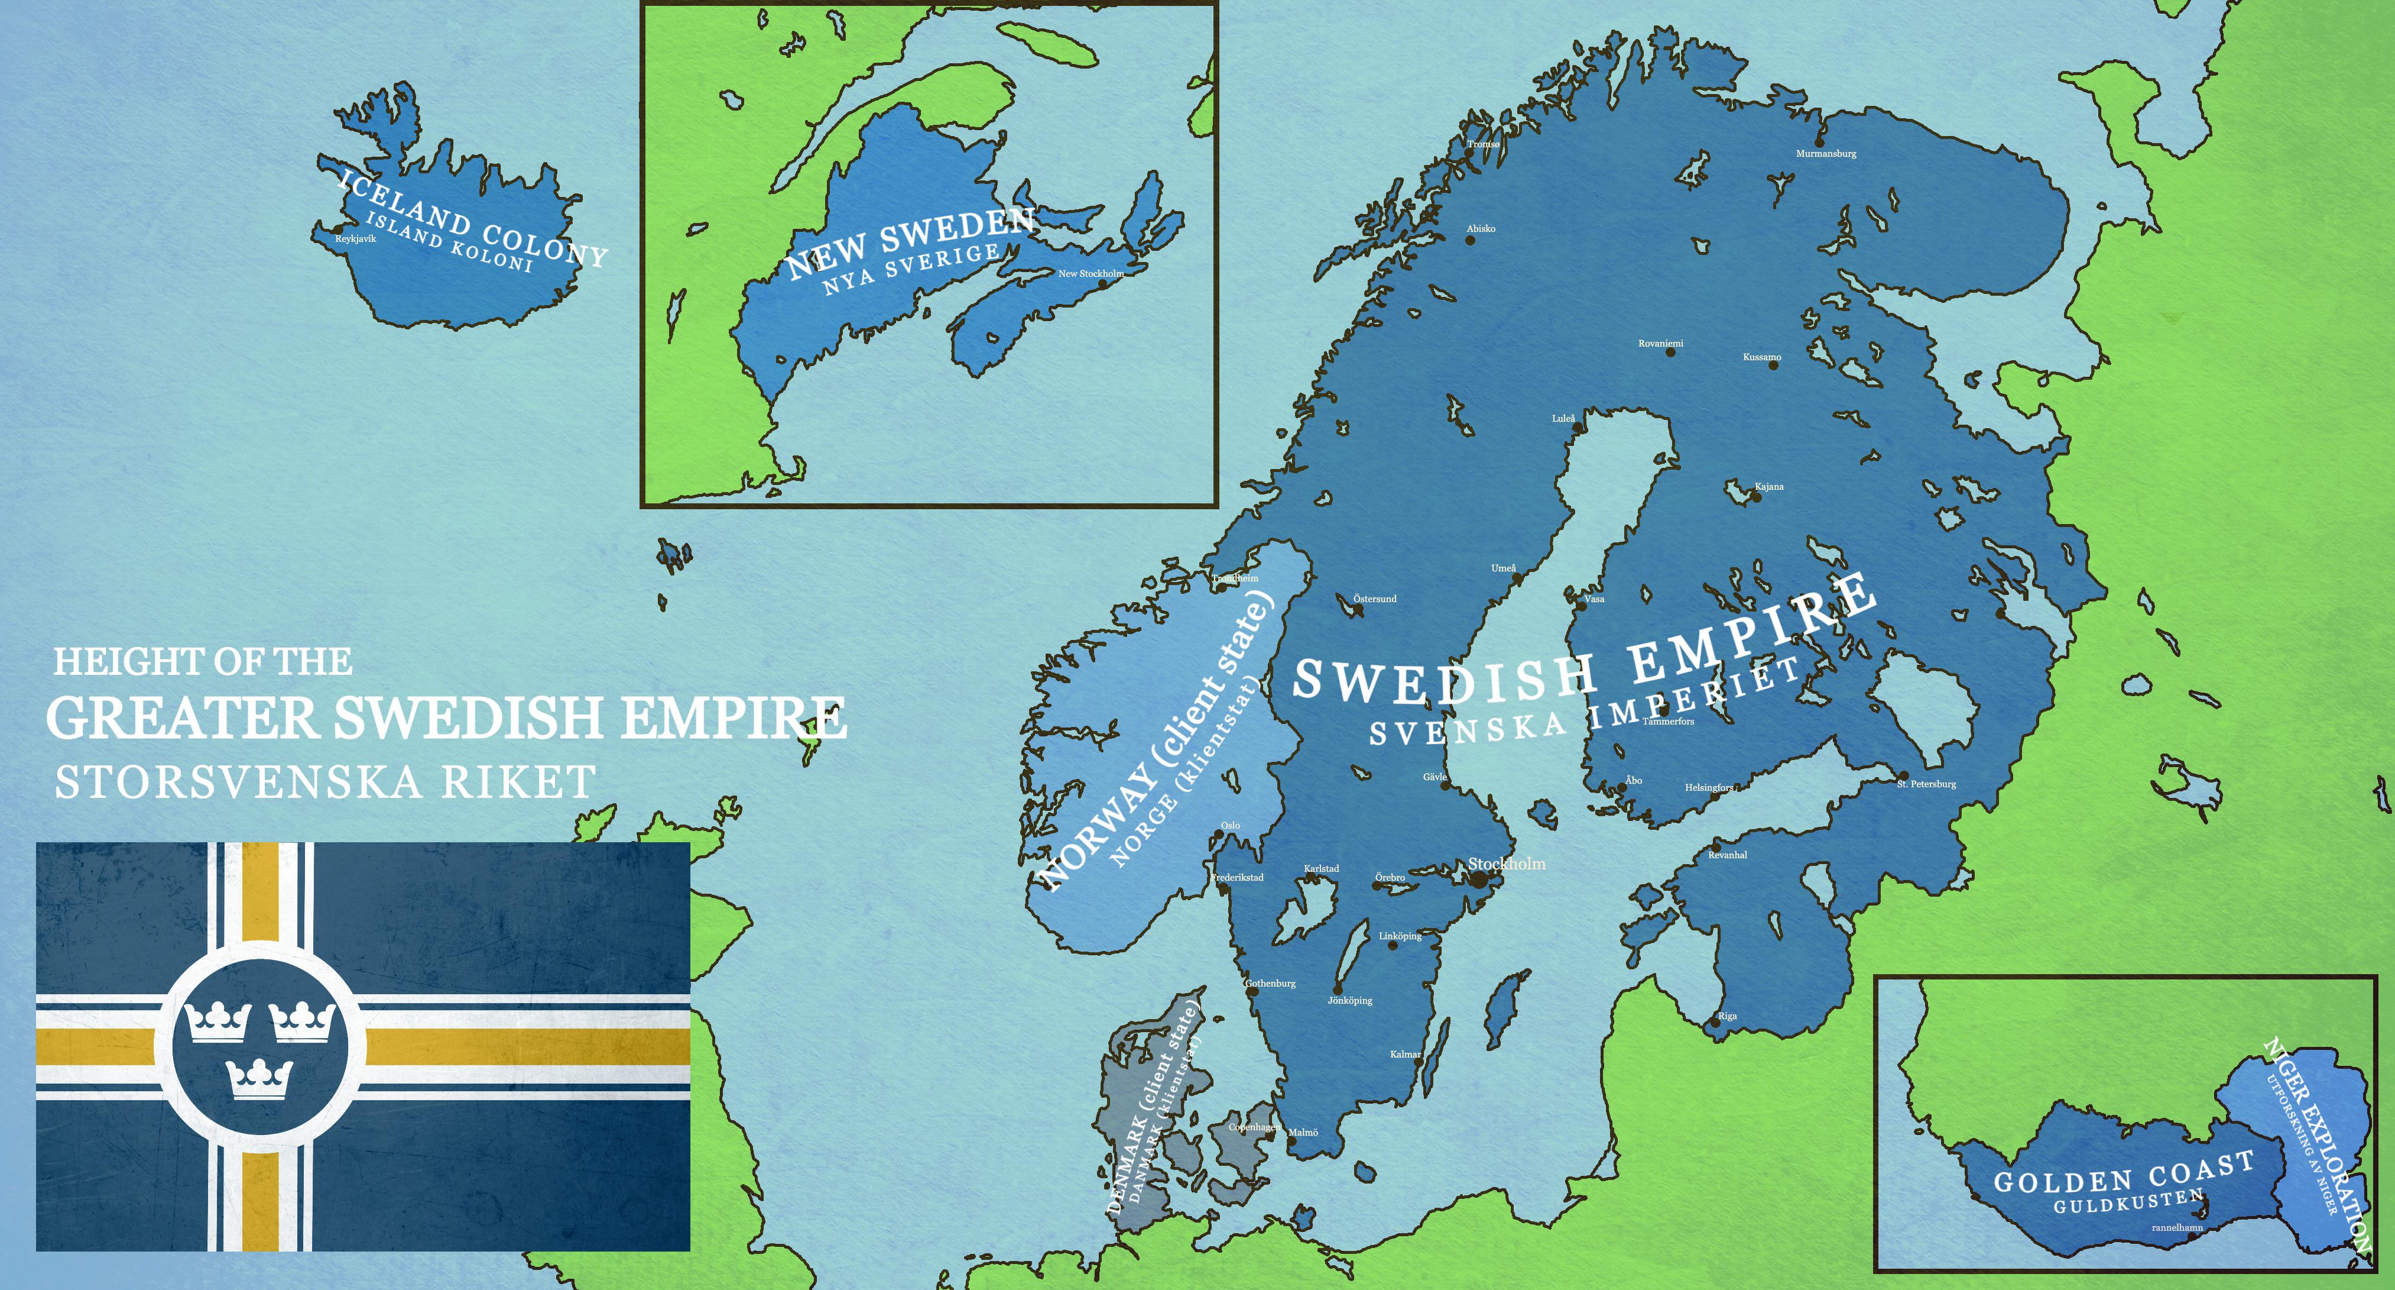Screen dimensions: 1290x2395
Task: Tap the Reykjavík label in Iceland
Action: [355, 239]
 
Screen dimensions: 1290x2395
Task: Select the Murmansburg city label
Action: [1825, 153]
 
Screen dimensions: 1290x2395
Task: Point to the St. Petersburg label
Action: [1926, 784]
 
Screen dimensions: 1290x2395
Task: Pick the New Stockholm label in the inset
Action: [1091, 273]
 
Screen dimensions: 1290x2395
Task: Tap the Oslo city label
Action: [1230, 826]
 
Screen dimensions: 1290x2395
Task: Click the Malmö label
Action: [1303, 1132]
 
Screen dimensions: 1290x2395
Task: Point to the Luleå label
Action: [1564, 419]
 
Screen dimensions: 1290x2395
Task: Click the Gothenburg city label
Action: [1270, 983]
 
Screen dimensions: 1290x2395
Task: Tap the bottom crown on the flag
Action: [259, 1079]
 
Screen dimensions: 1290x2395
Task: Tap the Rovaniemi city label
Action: [1660, 343]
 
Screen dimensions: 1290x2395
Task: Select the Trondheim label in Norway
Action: [1235, 578]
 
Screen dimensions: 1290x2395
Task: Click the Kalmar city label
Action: [1405, 1054]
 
